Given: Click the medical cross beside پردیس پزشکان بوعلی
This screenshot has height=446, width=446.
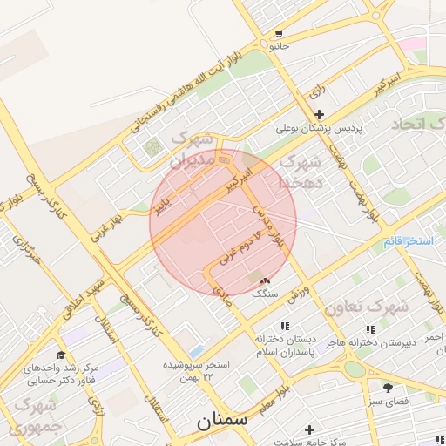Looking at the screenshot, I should [319, 114].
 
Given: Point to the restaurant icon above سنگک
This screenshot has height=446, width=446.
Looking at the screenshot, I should [265, 280].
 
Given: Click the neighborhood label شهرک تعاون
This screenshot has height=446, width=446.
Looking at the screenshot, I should [366, 307].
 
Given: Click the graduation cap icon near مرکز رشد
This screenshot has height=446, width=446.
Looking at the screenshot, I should [61, 355].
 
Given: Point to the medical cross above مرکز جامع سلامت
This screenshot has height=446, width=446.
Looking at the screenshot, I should [310, 429].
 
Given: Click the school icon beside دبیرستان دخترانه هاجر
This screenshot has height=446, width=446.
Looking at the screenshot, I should [369, 329].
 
